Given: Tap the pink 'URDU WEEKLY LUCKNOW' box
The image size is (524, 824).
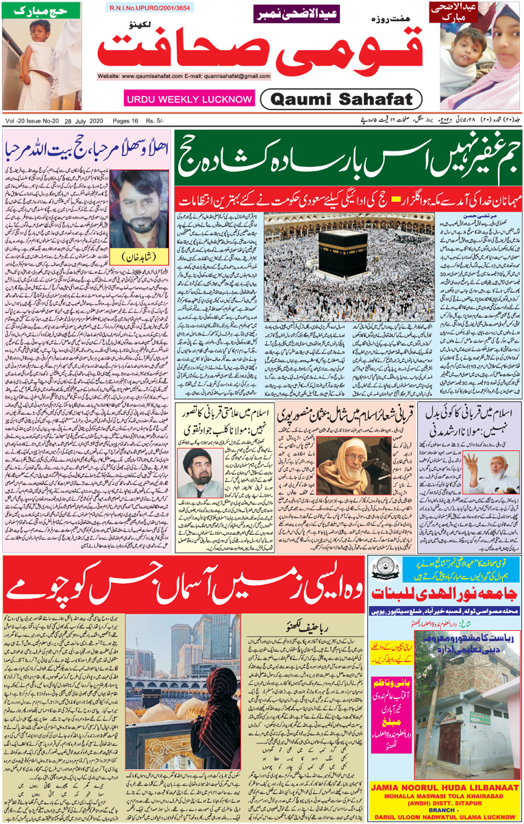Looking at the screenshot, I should [189, 99].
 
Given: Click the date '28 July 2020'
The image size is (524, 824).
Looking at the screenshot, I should [77, 121].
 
